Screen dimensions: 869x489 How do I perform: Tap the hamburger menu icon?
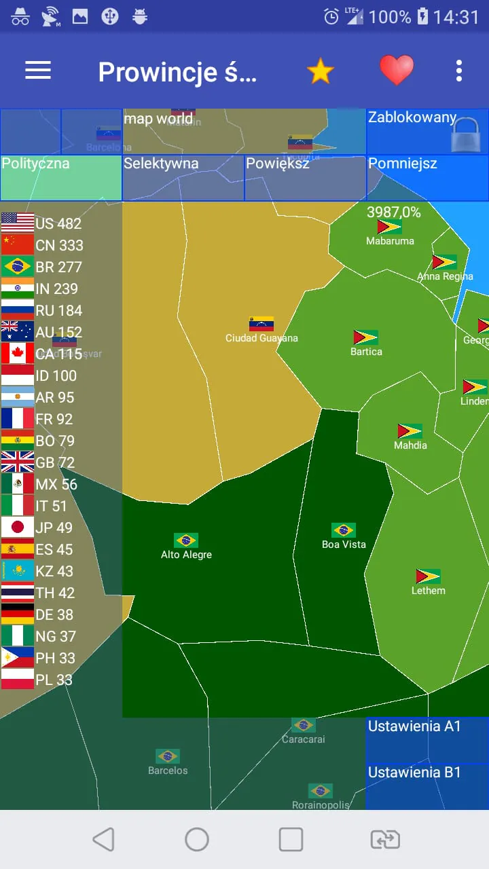38,70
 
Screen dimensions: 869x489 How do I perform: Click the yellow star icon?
320,71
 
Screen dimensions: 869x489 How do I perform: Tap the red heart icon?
396,70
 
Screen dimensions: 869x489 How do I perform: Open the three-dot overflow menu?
459,71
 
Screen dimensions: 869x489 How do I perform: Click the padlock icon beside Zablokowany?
466,134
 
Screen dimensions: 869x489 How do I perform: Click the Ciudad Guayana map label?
261,338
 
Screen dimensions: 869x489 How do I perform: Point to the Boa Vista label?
344,544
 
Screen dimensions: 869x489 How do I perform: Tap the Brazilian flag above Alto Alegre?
186,540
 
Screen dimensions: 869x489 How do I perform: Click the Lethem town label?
429,591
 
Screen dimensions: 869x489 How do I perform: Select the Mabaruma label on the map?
390,241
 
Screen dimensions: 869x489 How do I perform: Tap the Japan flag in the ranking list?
18,528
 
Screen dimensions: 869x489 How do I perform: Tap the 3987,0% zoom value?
394,212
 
